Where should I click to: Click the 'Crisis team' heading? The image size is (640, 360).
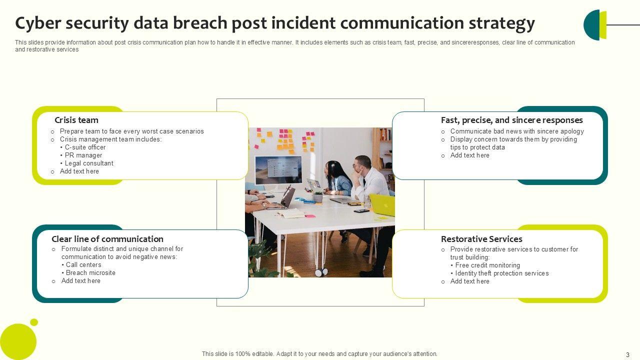76,120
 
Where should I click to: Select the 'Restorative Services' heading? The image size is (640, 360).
481,239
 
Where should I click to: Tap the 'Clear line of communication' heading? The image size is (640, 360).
107,239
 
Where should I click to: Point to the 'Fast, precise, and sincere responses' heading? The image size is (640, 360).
511,120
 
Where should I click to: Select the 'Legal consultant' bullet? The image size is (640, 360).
89,163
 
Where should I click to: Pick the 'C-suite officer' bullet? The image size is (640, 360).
85,147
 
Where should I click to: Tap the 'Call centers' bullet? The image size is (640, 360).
83,265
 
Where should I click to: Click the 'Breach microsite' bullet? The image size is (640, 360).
90,273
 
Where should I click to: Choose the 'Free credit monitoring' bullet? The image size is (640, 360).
487,265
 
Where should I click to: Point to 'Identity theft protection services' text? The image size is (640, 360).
502,273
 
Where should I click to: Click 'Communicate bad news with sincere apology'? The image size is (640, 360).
517,131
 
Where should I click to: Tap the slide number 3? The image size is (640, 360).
627,355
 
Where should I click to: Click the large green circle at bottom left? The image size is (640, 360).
18,342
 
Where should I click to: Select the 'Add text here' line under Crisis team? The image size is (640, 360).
79,171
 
